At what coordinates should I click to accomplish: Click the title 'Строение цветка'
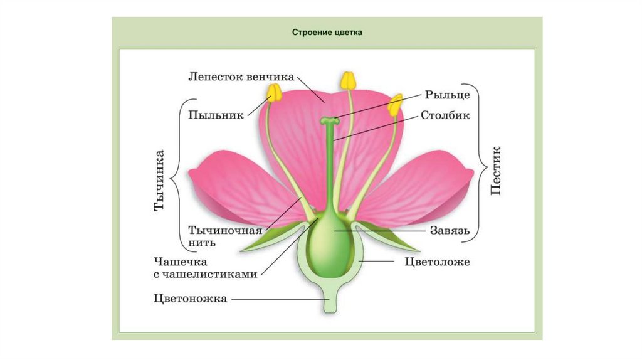click(327, 32)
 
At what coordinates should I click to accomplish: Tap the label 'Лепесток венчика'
click(241, 77)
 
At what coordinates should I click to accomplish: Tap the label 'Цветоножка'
click(189, 299)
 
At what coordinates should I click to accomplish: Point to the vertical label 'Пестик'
click(496, 171)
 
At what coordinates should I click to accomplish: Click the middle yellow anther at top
click(347, 80)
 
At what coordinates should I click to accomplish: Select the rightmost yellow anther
click(394, 105)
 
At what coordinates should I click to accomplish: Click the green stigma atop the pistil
click(329, 120)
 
